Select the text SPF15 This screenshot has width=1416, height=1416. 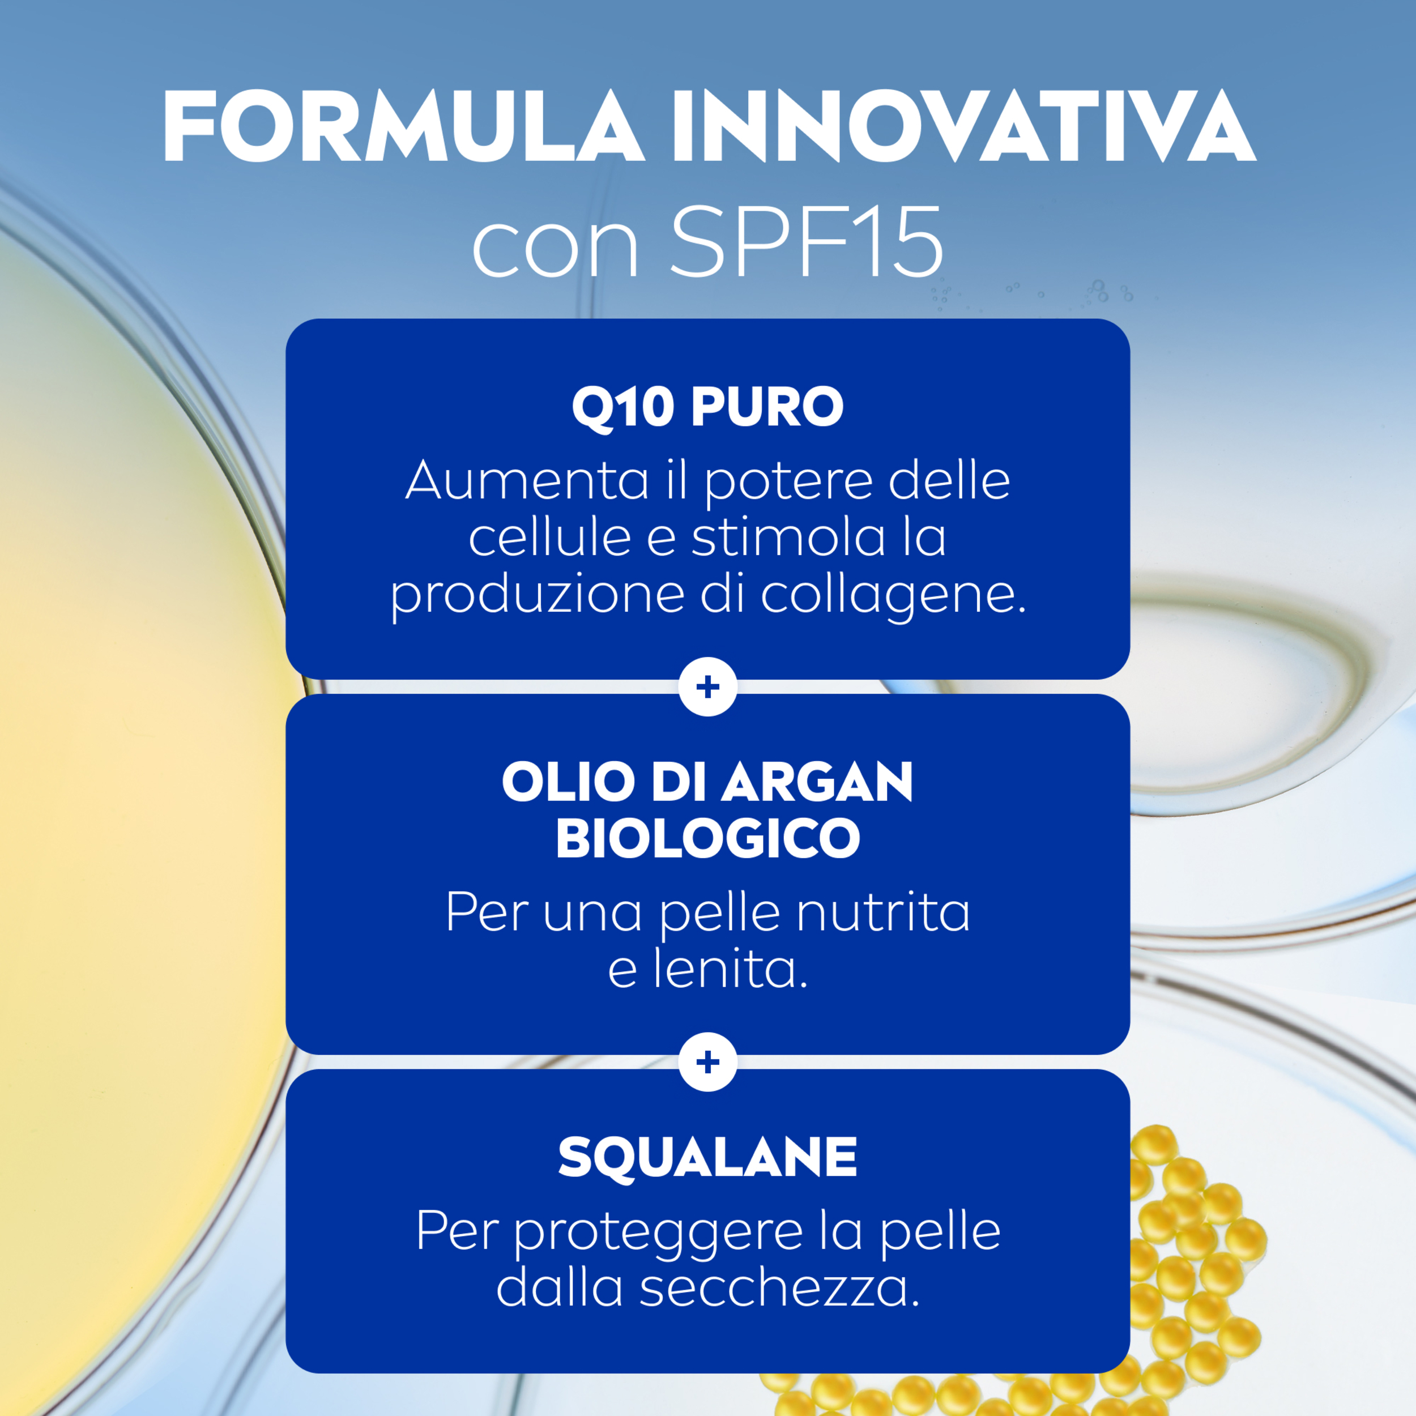coord(806,242)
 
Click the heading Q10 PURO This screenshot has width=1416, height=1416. coord(707,407)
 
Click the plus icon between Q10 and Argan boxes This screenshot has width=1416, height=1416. coord(708,686)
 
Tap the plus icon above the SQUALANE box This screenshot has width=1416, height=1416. coord(708,1062)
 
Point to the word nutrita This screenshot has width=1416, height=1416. coord(882,912)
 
